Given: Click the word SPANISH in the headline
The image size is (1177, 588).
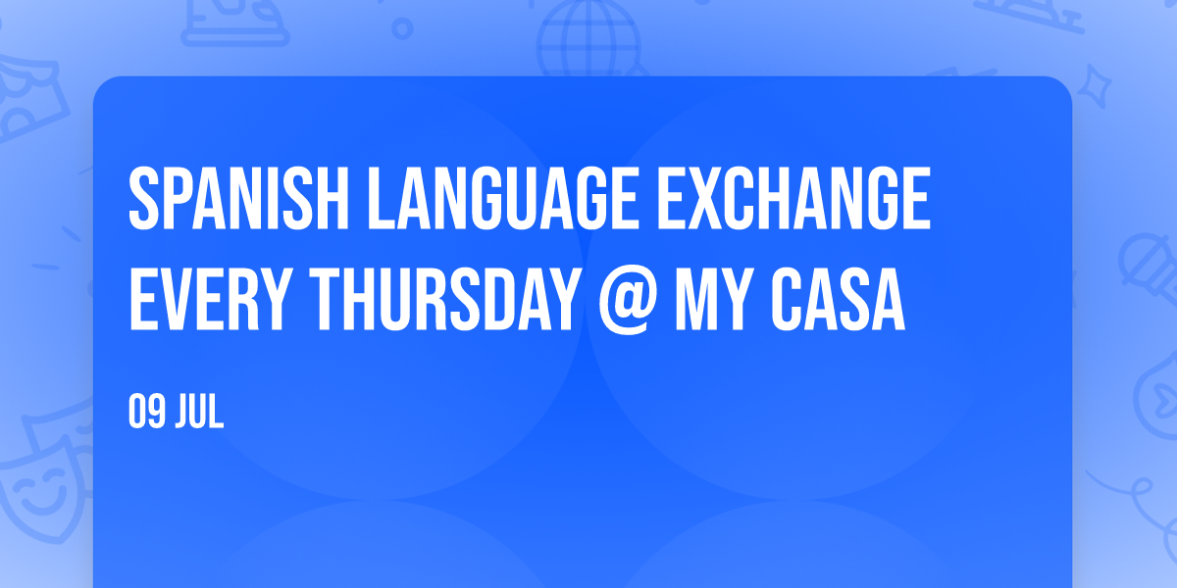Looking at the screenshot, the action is click(x=238, y=198).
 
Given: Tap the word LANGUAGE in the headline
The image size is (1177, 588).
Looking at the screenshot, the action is click(x=503, y=198).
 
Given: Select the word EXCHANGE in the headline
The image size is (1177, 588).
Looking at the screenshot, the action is click(x=793, y=198).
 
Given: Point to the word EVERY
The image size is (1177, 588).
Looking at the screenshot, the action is click(x=210, y=299).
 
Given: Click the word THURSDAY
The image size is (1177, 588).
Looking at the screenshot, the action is click(x=445, y=299).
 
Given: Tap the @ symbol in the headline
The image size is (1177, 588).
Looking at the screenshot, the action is click(x=628, y=302).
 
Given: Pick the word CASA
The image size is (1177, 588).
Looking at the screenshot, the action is click(x=838, y=299).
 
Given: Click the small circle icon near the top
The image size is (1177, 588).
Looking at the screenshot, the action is click(x=402, y=27).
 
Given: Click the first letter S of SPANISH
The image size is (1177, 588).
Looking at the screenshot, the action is click(x=143, y=198).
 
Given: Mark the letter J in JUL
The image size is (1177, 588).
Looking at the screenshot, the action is click(x=182, y=413).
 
